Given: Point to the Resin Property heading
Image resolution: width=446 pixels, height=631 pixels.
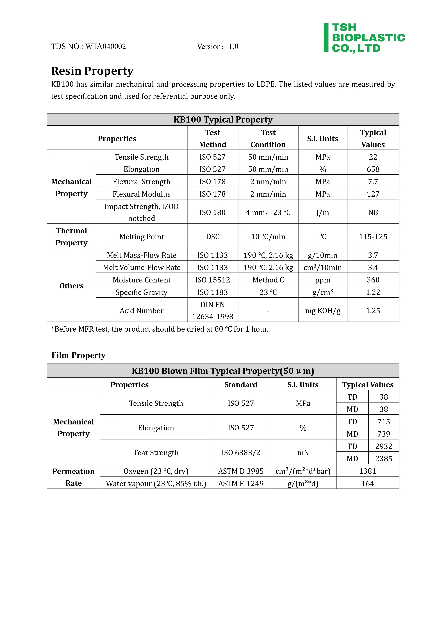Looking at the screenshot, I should pos(92,71).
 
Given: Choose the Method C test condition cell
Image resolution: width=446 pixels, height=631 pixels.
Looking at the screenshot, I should pos(268,280).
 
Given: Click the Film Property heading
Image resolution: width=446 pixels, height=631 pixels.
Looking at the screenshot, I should pos(78,355).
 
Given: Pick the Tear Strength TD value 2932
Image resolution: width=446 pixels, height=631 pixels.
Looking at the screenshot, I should pos(383,446).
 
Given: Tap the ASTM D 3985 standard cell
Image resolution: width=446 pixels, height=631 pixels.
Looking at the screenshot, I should pos(241,471).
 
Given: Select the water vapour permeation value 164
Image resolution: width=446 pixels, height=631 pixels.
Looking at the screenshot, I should pos(367,483).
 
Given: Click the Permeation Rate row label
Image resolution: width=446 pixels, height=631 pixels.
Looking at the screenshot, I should pos(73,477).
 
